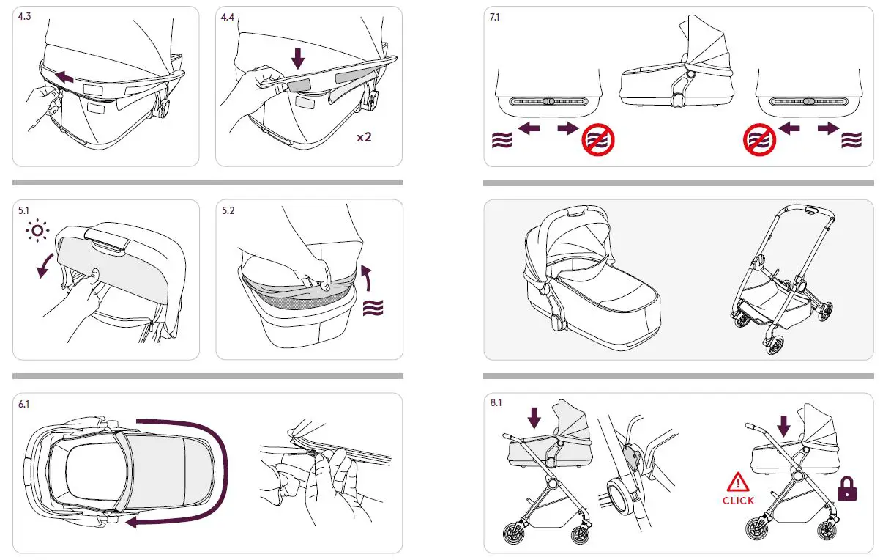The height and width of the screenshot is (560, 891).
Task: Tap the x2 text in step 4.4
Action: [x=363, y=137]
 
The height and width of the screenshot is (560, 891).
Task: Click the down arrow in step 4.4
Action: [x=297, y=58]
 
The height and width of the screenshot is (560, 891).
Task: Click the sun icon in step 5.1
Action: [x=37, y=232]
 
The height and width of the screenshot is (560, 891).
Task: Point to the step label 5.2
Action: [x=228, y=210]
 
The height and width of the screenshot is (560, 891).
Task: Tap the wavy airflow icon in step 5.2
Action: [x=373, y=307]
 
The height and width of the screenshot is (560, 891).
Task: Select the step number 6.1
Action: [x=23, y=404]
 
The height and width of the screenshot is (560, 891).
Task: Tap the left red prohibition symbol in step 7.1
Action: [x=597, y=139]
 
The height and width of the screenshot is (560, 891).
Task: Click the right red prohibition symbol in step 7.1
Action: [x=760, y=139]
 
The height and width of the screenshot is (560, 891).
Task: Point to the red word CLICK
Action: [x=737, y=501]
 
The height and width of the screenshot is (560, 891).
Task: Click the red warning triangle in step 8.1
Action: [x=737, y=482]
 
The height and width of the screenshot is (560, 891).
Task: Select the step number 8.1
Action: [x=496, y=403]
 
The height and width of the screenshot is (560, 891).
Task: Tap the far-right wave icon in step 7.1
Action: [x=851, y=139]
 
